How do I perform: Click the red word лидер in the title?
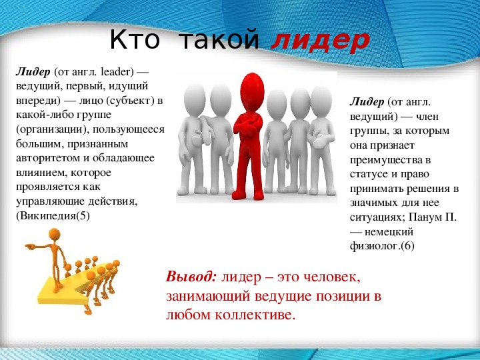click(320, 41)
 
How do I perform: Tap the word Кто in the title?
click(135, 40)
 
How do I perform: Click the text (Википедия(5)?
click(53, 216)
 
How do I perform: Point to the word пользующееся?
click(129, 129)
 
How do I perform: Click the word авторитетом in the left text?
click(48, 158)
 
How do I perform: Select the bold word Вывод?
click(191, 277)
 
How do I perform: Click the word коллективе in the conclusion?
click(255, 315)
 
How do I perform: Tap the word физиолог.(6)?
click(382, 246)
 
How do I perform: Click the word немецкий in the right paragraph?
click(389, 232)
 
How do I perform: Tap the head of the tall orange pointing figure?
click(55, 235)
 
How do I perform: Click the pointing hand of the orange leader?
click(30, 246)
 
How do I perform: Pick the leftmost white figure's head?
click(195, 100)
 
